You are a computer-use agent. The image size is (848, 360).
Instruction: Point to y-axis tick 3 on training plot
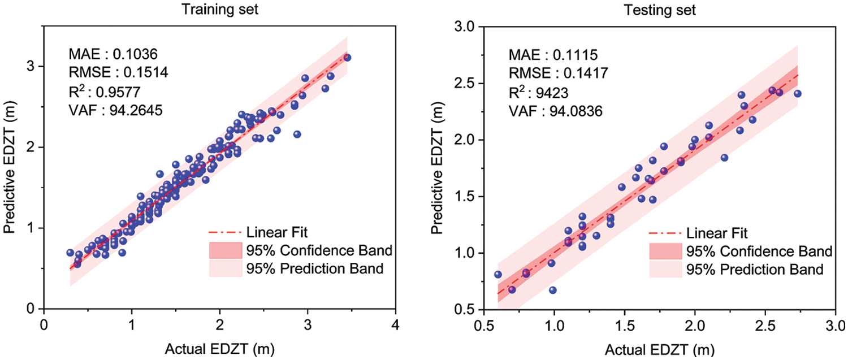pos(31,66)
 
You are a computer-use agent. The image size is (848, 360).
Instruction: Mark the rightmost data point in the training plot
pos(347,58)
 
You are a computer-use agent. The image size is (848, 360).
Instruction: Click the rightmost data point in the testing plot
pos(798,94)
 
